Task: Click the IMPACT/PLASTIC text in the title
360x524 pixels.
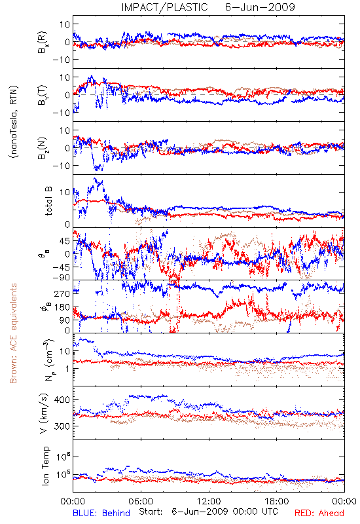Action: click(x=164, y=7)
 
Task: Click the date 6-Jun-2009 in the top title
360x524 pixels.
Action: click(x=260, y=7)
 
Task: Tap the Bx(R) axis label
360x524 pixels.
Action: click(x=43, y=42)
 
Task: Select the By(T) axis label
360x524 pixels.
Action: click(x=43, y=95)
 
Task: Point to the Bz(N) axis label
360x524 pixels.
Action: click(x=43, y=148)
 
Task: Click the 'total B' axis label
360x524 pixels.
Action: click(x=48, y=201)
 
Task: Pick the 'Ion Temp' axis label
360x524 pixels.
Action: click(x=45, y=466)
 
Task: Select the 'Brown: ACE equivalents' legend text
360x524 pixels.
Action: click(x=13, y=333)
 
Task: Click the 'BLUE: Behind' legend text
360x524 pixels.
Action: click(x=101, y=513)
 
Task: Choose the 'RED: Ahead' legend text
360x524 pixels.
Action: click(x=319, y=513)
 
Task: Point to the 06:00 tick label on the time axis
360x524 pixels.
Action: click(x=141, y=501)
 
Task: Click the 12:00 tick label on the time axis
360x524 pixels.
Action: click(x=209, y=501)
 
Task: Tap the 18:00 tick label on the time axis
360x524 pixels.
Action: click(x=277, y=501)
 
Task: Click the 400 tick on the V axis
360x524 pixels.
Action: click(x=62, y=400)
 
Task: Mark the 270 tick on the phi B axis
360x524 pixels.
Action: click(x=62, y=293)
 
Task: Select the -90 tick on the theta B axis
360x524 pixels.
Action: click(x=61, y=278)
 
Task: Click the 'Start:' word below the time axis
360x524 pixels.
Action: click(x=151, y=512)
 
